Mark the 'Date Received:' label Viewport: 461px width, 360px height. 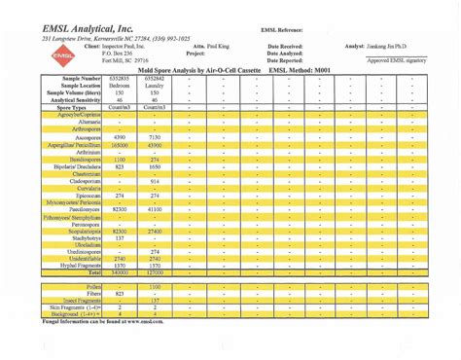click(286, 46)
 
